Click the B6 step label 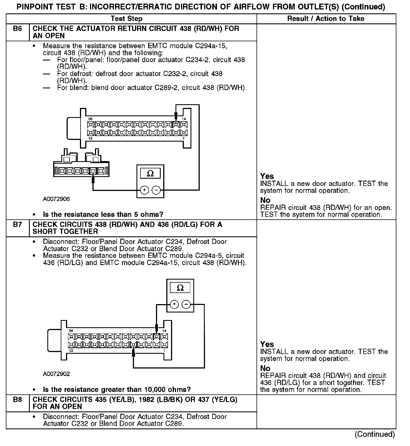(17, 29)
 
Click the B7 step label (17, 224)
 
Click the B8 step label (17, 399)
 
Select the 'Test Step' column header (126, 19)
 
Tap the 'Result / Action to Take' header (326, 19)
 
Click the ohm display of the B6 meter (150, 173)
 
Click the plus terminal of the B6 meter (144, 190)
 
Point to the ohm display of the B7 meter (180, 288)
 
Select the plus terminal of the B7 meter (174, 304)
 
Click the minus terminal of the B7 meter (186, 304)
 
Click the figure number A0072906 (56, 199)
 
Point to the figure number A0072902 (56, 374)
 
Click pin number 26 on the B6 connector (90, 119)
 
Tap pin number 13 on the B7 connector (71, 351)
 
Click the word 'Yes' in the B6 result (267, 176)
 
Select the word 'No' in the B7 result (265, 368)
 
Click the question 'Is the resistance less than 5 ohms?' (103, 214)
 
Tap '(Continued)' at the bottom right (375, 434)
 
